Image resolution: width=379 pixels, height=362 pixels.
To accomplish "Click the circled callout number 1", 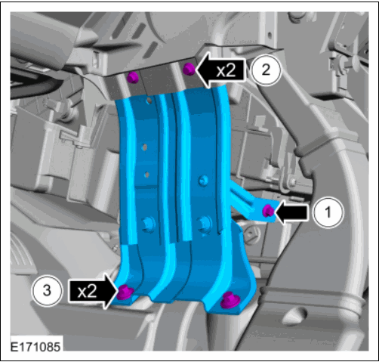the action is (328, 212).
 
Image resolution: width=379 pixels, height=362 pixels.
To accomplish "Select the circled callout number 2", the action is (266, 70).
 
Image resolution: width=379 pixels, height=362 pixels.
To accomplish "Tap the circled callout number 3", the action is (47, 291).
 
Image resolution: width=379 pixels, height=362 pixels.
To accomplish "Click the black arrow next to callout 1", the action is (291, 212).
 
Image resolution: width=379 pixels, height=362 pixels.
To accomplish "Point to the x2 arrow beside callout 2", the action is (220, 70).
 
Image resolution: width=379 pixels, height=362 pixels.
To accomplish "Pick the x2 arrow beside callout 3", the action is (94, 292).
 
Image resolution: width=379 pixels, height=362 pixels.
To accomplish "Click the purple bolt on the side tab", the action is (268, 210).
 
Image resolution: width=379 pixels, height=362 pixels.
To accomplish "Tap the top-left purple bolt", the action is (133, 77).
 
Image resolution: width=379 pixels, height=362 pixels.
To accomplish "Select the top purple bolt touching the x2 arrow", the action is (189, 69).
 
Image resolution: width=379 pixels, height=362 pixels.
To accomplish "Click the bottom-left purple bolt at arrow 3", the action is (125, 292).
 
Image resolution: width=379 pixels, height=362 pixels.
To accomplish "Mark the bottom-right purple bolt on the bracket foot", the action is (230, 300).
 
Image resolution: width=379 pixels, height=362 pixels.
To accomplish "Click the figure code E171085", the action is (35, 347).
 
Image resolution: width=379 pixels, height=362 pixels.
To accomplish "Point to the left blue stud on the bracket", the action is (148, 224).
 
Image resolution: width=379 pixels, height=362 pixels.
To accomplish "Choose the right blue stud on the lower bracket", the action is (205, 224).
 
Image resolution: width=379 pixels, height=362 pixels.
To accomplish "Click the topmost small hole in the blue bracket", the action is (149, 101).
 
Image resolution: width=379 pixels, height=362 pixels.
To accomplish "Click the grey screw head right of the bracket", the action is (251, 234).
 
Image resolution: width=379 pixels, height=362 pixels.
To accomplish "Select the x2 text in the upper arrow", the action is (226, 70).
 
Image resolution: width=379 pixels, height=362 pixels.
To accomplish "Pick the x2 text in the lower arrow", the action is (87, 292).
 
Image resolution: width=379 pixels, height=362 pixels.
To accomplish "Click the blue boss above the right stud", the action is (203, 181).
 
